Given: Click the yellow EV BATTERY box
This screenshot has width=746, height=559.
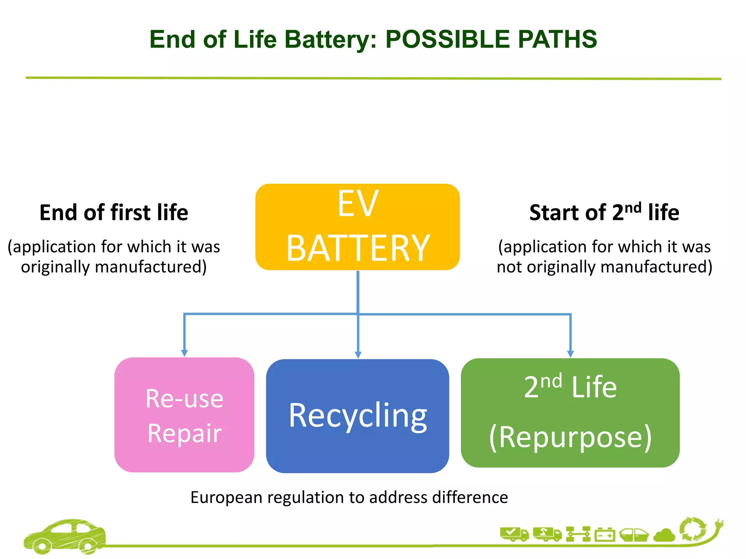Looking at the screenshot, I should coord(357,227).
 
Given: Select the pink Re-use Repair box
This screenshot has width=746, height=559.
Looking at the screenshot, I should coord(184,415).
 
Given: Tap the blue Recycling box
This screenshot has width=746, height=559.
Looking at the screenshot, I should coord(357,416).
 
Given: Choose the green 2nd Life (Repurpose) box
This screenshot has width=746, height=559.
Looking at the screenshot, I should coord(570,413).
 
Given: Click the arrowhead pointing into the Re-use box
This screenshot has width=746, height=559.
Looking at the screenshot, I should coord(184,353).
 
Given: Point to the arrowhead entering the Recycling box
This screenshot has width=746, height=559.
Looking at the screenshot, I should coord(358,354).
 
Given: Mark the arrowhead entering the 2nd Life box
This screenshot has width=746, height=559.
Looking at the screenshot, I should coord(570,353).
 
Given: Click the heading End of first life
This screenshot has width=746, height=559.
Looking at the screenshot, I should coord(114,213).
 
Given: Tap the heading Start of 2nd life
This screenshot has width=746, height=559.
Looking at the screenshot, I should coord(604,213).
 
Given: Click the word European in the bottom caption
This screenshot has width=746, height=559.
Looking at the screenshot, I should coord(226,497).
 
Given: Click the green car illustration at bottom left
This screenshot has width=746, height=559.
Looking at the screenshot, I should coord(65,536).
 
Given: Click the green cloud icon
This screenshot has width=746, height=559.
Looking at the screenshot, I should coord(664,535).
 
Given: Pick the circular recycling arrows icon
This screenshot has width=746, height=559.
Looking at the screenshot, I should coord(693,530).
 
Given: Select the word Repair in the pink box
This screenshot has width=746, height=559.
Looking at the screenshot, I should coord(184,433).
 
